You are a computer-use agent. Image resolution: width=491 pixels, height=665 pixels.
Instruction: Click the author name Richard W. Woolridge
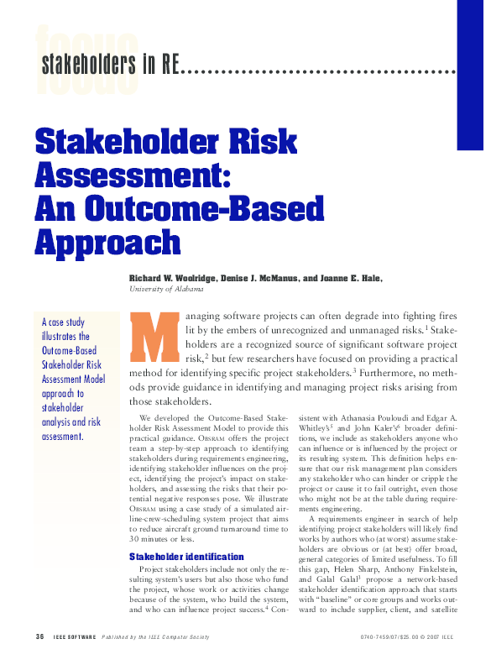[178, 278]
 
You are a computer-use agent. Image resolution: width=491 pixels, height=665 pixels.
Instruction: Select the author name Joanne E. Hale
[347, 278]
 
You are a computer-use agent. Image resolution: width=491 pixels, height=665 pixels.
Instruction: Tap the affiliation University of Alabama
[166, 289]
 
